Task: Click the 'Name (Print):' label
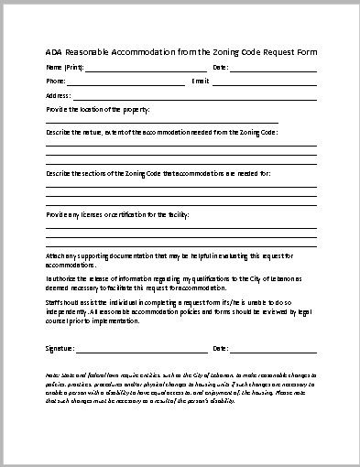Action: (61, 68)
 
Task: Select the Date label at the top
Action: (220, 68)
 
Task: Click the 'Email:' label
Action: (201, 81)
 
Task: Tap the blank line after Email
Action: (266, 84)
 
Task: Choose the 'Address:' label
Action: (58, 95)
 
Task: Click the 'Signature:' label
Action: (60, 349)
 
